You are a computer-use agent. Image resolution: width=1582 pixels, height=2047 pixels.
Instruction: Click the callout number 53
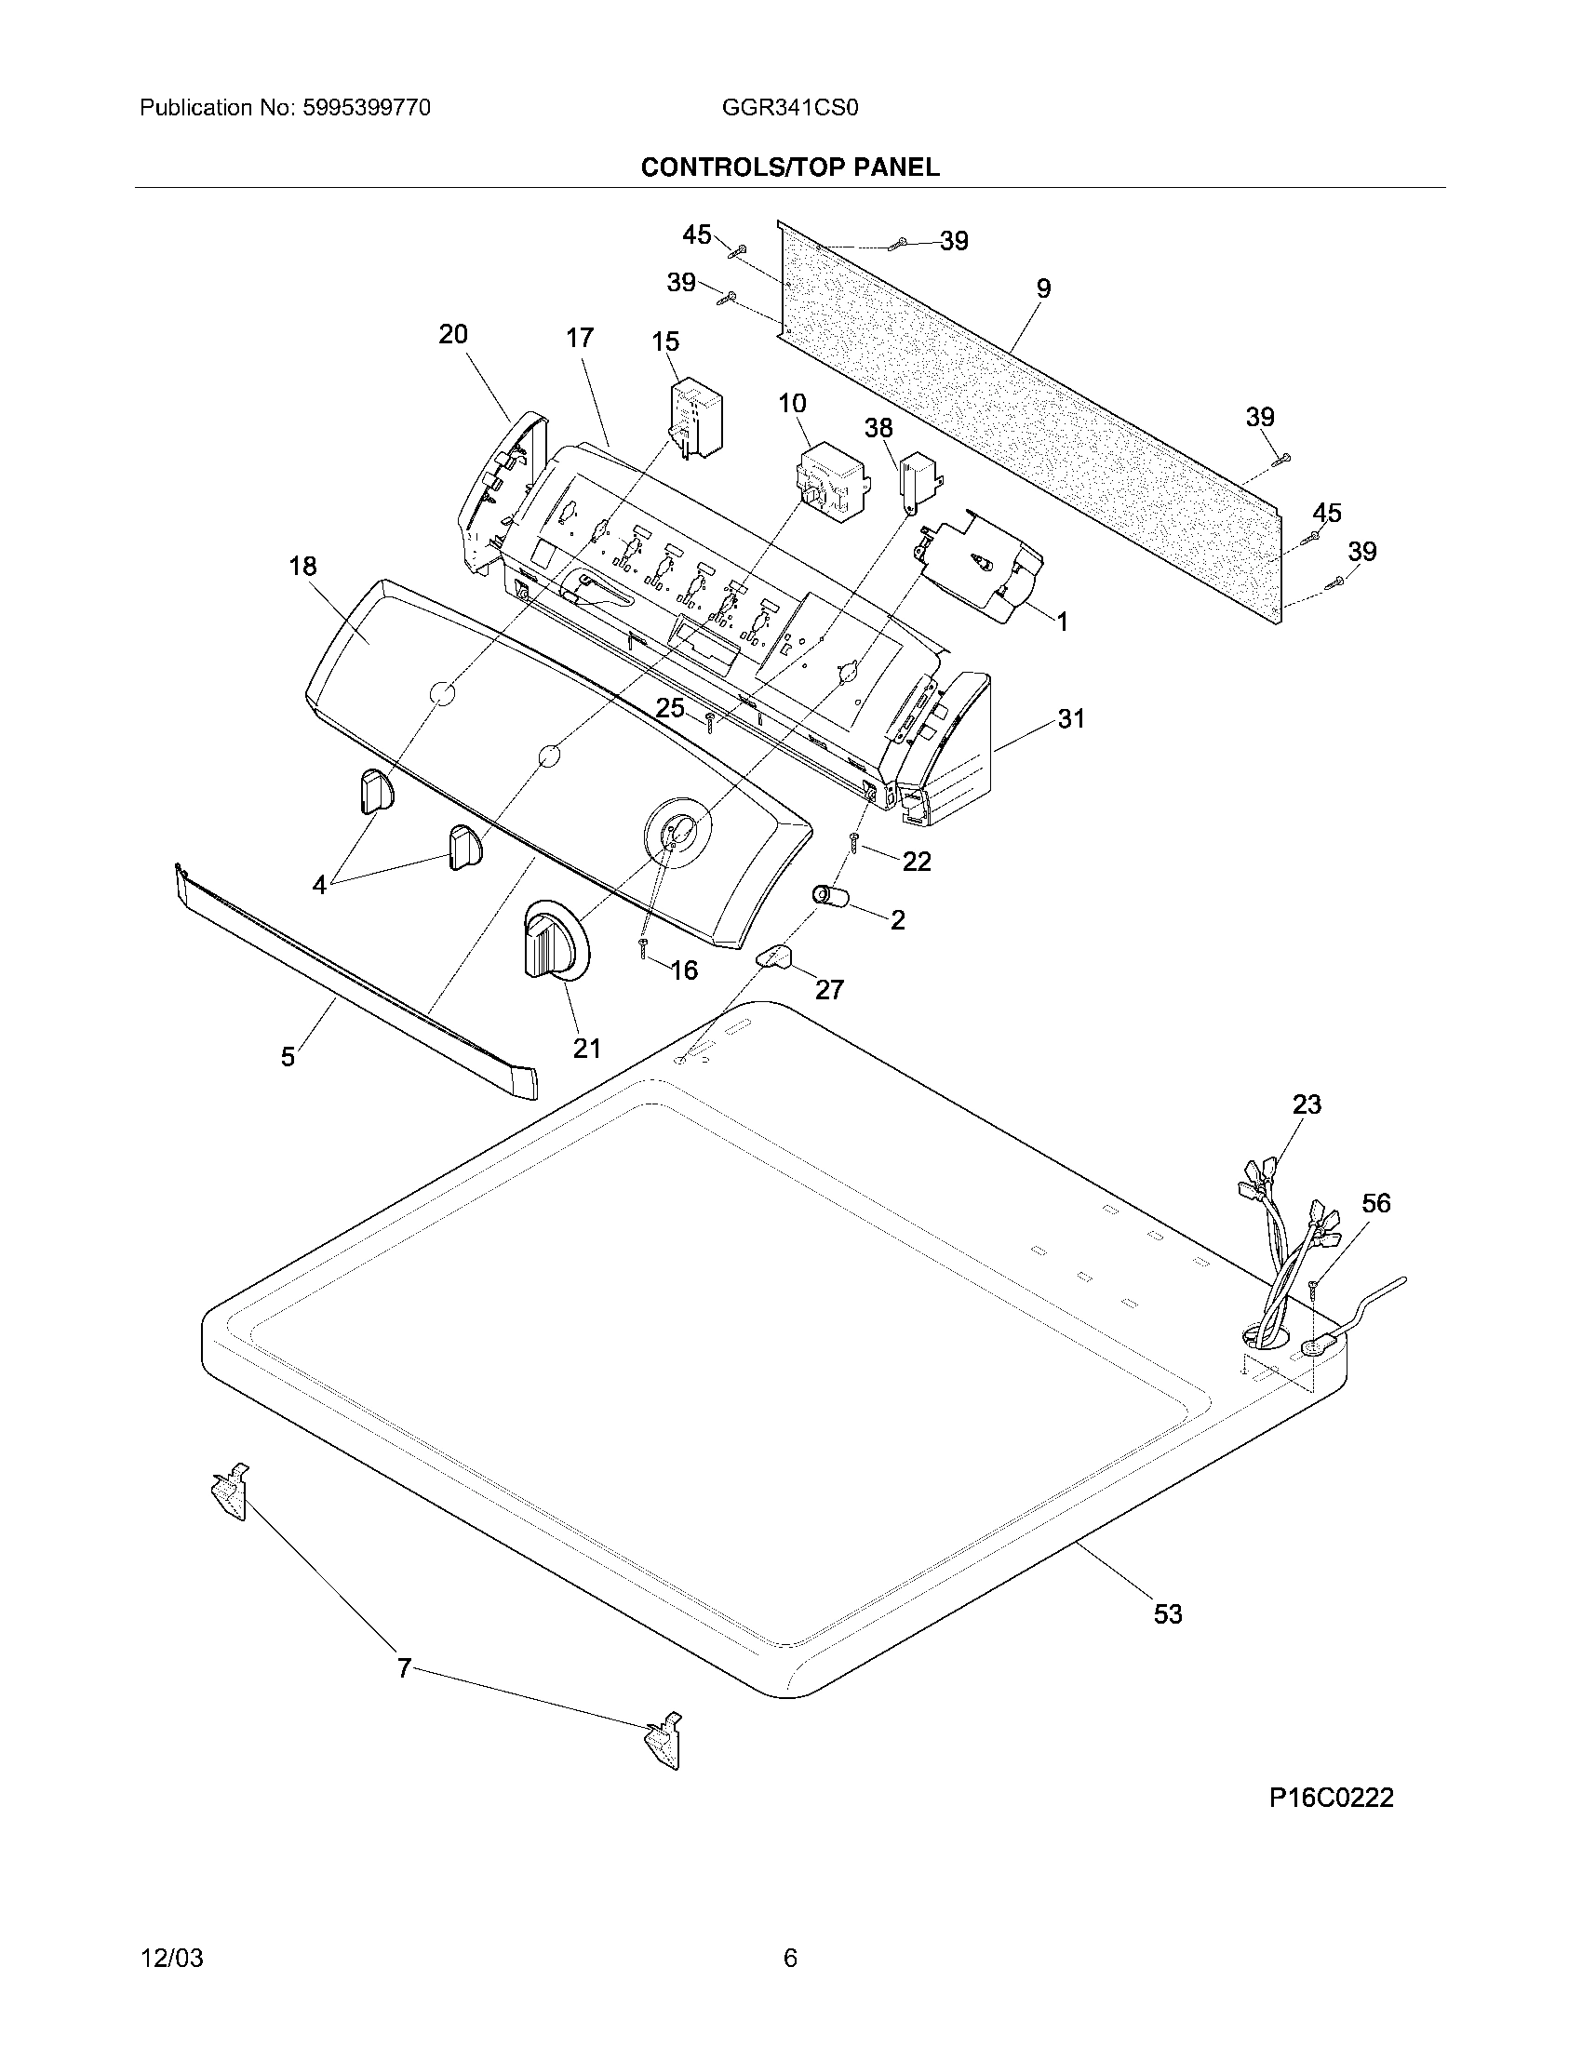(x=1168, y=1614)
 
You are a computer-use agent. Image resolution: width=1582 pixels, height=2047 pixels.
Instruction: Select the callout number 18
(x=302, y=566)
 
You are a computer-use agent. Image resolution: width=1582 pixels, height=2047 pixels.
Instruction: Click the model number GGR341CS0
(x=789, y=108)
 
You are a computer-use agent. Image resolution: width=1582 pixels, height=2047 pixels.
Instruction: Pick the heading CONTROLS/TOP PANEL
(x=789, y=167)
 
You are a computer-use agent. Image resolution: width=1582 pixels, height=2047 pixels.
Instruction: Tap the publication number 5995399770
(x=366, y=108)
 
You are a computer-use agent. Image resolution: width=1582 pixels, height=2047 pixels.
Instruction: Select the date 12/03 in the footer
(x=171, y=1958)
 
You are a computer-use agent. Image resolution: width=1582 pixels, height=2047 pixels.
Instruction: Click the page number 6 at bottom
(x=790, y=1958)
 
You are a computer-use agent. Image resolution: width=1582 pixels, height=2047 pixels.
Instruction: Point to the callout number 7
(x=404, y=1668)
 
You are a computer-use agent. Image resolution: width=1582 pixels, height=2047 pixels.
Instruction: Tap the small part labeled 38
(x=918, y=482)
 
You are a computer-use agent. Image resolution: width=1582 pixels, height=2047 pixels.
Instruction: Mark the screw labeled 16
(x=644, y=948)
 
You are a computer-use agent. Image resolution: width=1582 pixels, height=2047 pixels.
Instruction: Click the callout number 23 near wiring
(x=1307, y=1104)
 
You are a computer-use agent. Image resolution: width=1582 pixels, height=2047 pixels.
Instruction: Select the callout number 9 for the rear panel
(x=1043, y=288)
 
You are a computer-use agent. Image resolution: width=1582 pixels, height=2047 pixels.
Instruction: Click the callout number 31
(x=1070, y=719)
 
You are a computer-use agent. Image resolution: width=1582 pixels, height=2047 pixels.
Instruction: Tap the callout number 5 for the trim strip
(x=288, y=1057)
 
